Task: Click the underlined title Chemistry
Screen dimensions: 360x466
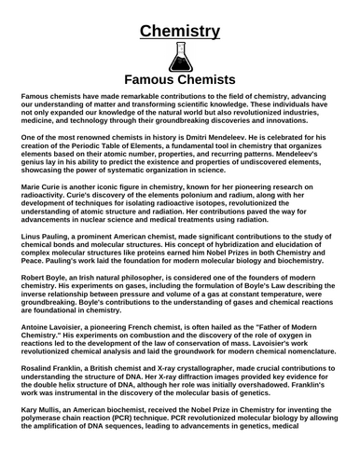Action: tap(180, 33)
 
